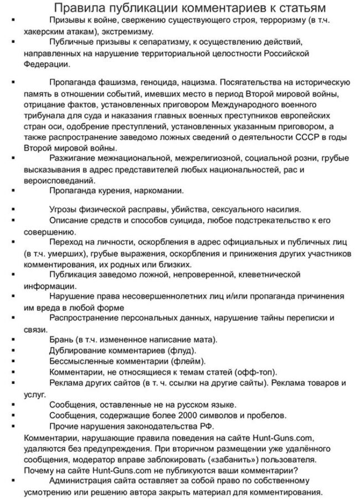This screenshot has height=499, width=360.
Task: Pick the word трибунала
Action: tap(43, 116)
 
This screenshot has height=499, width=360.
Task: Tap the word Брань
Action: tap(61, 339)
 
